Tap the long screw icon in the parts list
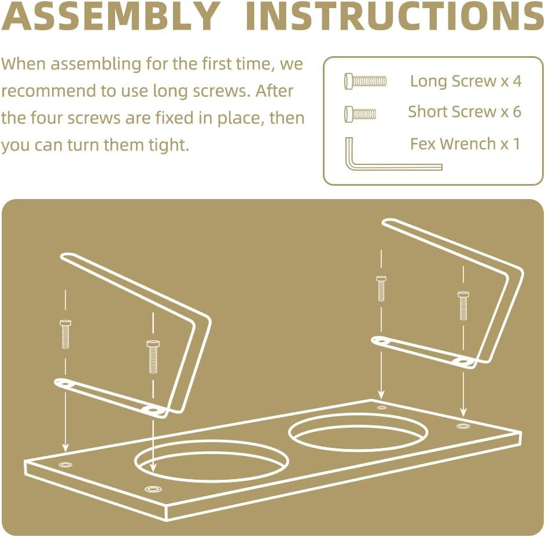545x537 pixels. point(365,82)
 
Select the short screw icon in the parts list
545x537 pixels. point(360,113)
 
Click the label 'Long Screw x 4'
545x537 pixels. point(466,81)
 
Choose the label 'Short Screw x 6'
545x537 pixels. point(465,112)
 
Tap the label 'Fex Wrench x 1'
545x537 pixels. point(465,144)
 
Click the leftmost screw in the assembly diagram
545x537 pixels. point(65,334)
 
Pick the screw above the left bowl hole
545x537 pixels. point(153,357)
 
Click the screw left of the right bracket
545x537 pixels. point(381,289)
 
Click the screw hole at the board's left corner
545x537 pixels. point(66,464)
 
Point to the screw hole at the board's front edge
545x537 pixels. point(153,489)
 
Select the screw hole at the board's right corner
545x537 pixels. point(463,426)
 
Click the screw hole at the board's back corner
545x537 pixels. point(382,407)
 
